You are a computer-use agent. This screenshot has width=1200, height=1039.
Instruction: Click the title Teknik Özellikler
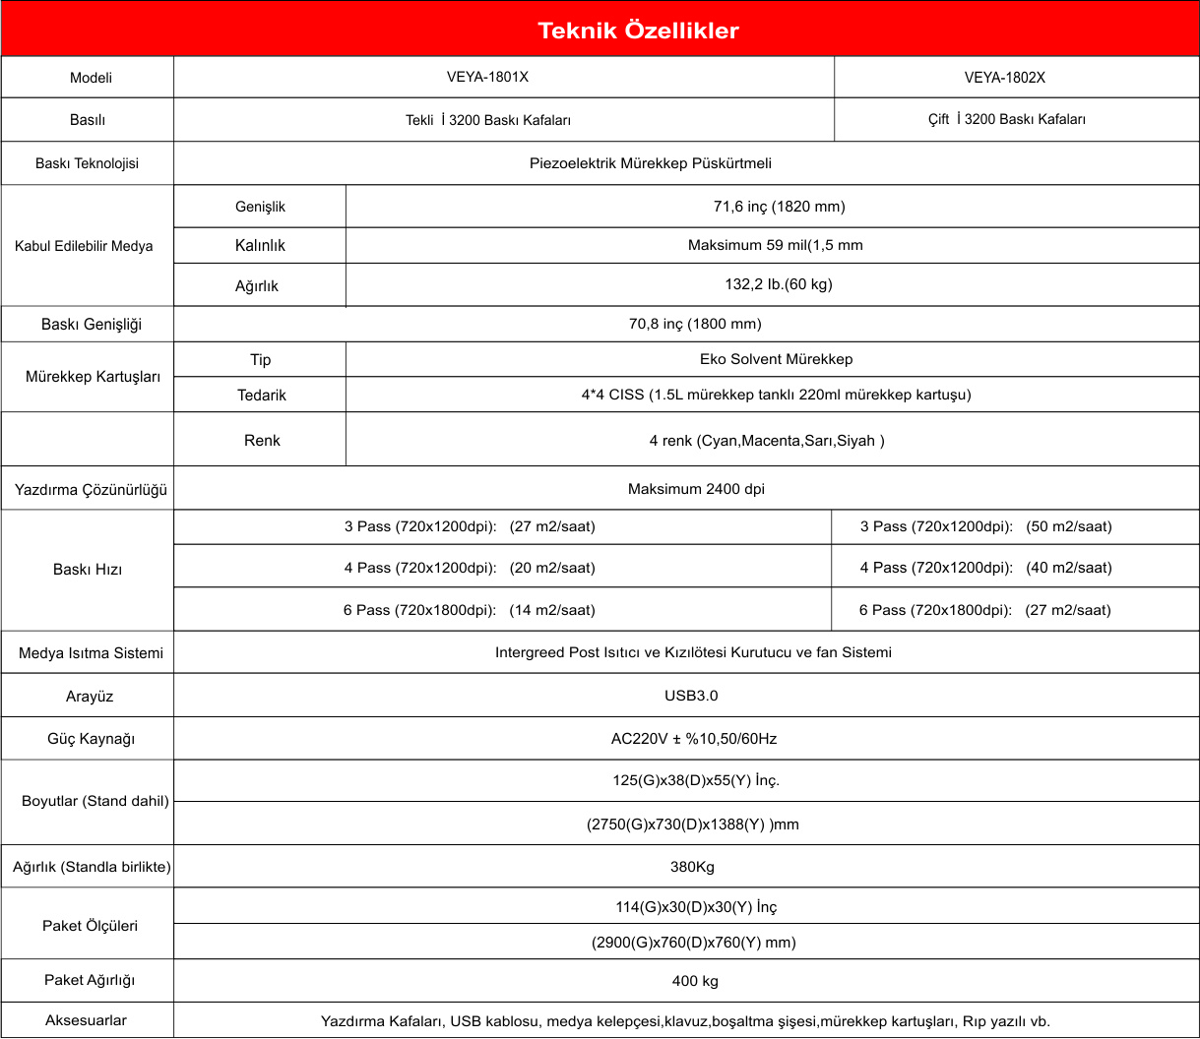[638, 31]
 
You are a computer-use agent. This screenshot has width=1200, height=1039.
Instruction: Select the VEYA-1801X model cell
[502, 77]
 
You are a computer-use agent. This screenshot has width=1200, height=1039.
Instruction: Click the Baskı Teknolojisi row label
[87, 163]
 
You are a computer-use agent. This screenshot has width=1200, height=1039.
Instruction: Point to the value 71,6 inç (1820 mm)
[773, 207]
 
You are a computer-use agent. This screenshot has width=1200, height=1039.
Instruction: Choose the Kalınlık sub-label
[260, 245]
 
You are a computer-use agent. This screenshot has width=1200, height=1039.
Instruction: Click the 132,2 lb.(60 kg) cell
[773, 285]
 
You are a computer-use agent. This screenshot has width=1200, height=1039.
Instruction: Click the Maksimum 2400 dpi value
[696, 488]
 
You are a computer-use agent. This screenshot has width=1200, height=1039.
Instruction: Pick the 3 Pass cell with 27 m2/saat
[471, 526]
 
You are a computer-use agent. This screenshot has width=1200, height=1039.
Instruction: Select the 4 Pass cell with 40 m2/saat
[986, 568]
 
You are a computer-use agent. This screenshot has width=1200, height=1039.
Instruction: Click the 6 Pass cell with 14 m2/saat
[470, 610]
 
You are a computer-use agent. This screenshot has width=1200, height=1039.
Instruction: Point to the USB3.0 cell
[691, 696]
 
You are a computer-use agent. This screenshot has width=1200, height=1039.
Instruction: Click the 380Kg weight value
[691, 867]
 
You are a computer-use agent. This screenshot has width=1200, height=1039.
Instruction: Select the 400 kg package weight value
[693, 981]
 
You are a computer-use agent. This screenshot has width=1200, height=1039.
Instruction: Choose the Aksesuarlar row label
[87, 1020]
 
